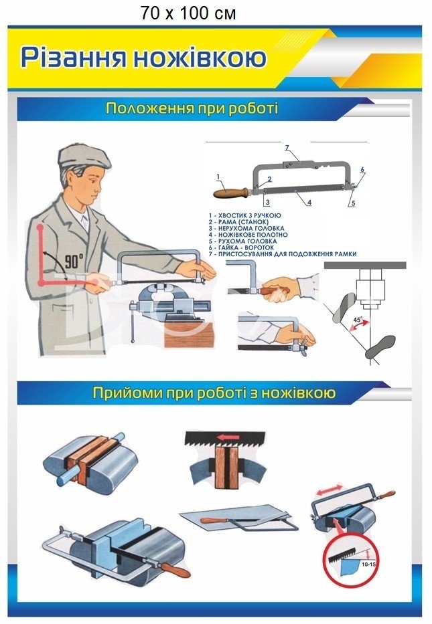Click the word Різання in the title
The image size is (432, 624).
(x=74, y=58)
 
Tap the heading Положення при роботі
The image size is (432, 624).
(x=192, y=108)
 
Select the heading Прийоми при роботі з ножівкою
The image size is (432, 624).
(x=214, y=393)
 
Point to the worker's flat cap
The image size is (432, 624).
(x=82, y=156)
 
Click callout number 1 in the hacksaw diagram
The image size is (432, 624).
(x=218, y=177)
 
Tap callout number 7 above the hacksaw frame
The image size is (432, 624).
(x=287, y=148)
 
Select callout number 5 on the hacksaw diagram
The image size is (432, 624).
(x=353, y=203)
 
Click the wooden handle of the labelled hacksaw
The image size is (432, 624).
(x=232, y=193)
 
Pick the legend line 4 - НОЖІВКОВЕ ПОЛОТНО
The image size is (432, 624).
(x=248, y=235)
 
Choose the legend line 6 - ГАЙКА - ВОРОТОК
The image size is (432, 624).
(x=241, y=247)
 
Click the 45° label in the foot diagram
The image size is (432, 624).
(x=358, y=320)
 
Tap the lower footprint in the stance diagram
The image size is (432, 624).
(x=380, y=346)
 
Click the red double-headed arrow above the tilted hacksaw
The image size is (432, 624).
(x=330, y=490)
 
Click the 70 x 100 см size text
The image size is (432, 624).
(x=188, y=13)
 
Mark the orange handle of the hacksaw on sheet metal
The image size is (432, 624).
(x=216, y=520)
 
